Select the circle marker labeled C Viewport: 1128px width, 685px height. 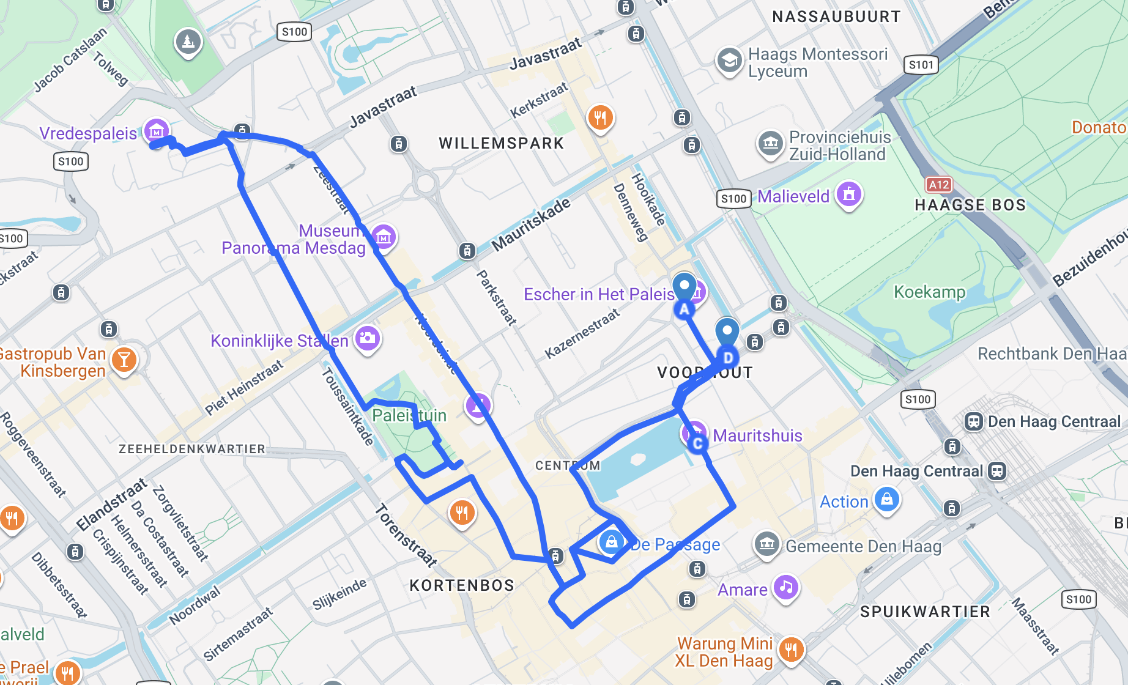pyautogui.click(x=697, y=443)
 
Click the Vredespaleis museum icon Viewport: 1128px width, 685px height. pyautogui.click(x=157, y=130)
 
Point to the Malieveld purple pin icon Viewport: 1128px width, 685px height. pyautogui.click(x=848, y=194)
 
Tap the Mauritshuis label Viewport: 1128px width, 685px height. pyautogui.click(x=757, y=435)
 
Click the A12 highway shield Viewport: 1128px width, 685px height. pyautogui.click(x=938, y=185)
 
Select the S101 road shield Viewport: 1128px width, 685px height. pyautogui.click(x=921, y=65)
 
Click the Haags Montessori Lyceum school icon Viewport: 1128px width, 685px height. pyautogui.click(x=729, y=61)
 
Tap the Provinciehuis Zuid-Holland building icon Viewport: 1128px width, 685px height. pyautogui.click(x=770, y=143)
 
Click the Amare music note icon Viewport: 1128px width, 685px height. pyautogui.click(x=786, y=587)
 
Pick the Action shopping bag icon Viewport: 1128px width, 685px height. pyautogui.click(x=886, y=499)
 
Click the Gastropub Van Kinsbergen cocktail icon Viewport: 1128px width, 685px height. pyautogui.click(x=124, y=360)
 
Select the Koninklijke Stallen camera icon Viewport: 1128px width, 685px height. pyautogui.click(x=368, y=338)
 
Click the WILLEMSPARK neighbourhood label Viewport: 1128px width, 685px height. pyautogui.click(x=501, y=143)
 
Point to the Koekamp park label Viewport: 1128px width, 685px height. pyautogui.click(x=929, y=292)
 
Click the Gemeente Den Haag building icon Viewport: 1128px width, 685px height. pyautogui.click(x=766, y=543)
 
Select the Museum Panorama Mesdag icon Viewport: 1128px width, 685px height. pyautogui.click(x=384, y=237)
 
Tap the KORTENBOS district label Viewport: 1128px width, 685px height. pyautogui.click(x=462, y=585)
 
